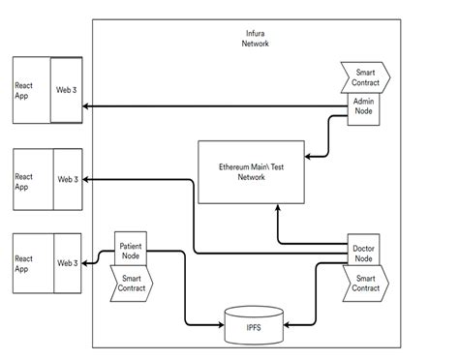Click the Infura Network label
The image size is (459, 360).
(257, 39)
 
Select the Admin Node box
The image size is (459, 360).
(364, 107)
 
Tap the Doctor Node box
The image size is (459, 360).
(364, 249)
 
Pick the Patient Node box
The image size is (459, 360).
(132, 251)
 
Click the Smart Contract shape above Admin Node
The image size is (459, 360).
(365, 76)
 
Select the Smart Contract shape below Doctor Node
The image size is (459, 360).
(365, 283)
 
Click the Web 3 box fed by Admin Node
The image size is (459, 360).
(67, 90)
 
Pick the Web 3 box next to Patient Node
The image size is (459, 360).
(67, 263)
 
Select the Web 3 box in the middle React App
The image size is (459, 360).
(67, 179)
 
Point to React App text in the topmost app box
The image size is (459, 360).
(24, 90)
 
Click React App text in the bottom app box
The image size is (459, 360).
(24, 263)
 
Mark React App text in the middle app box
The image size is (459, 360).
(24, 181)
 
